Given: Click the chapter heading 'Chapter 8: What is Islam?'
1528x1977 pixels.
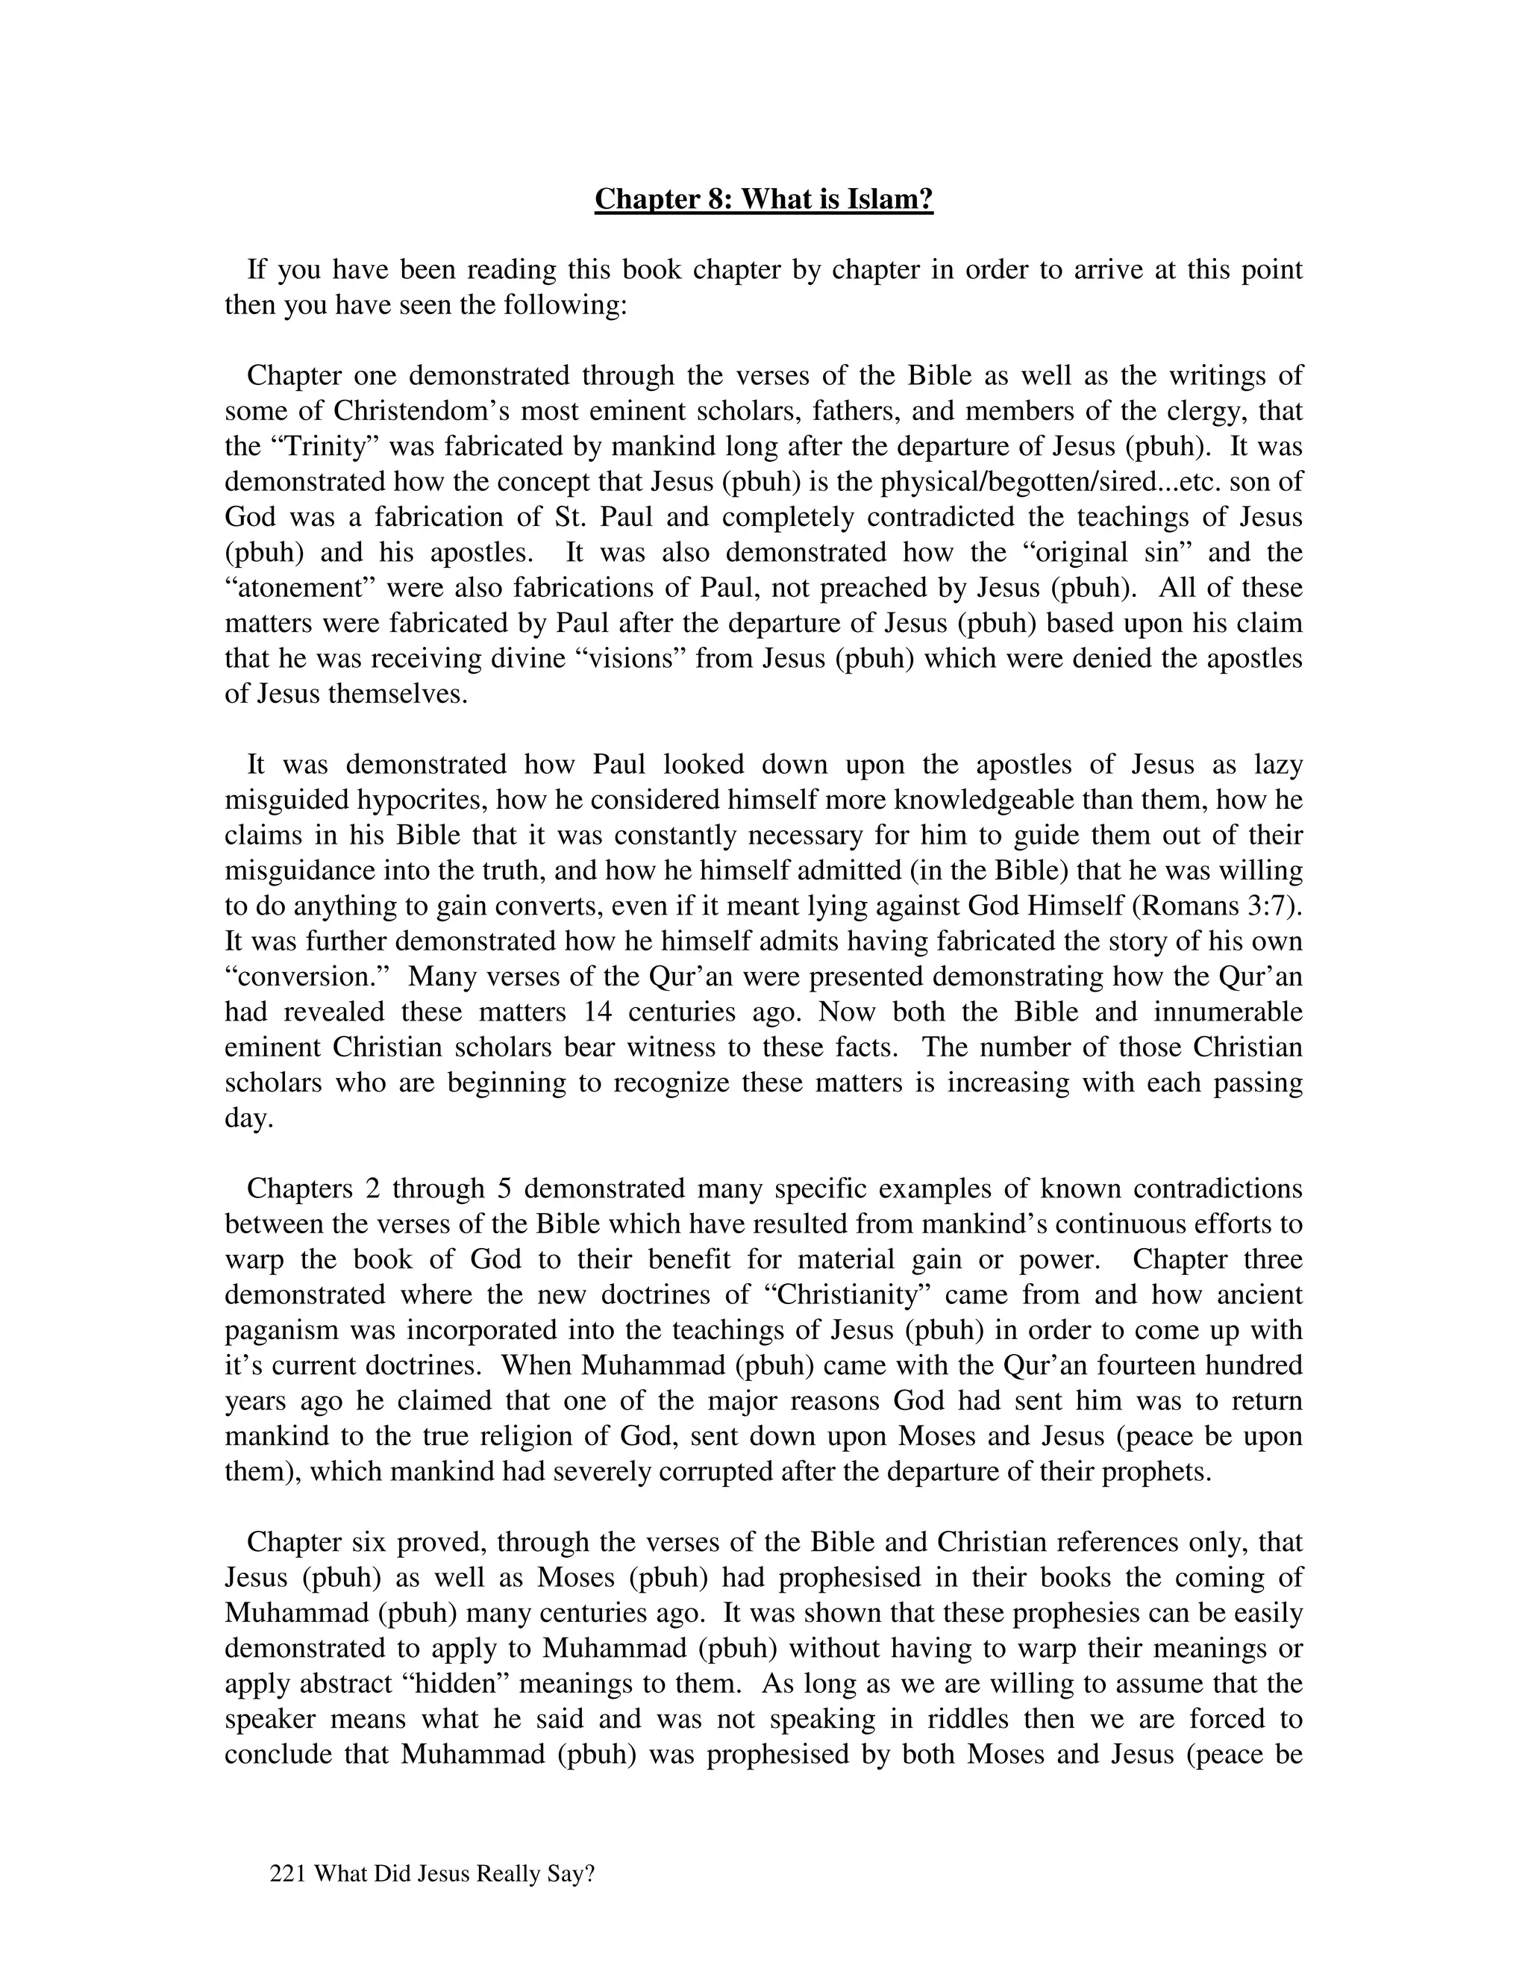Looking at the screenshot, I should (763, 198).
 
